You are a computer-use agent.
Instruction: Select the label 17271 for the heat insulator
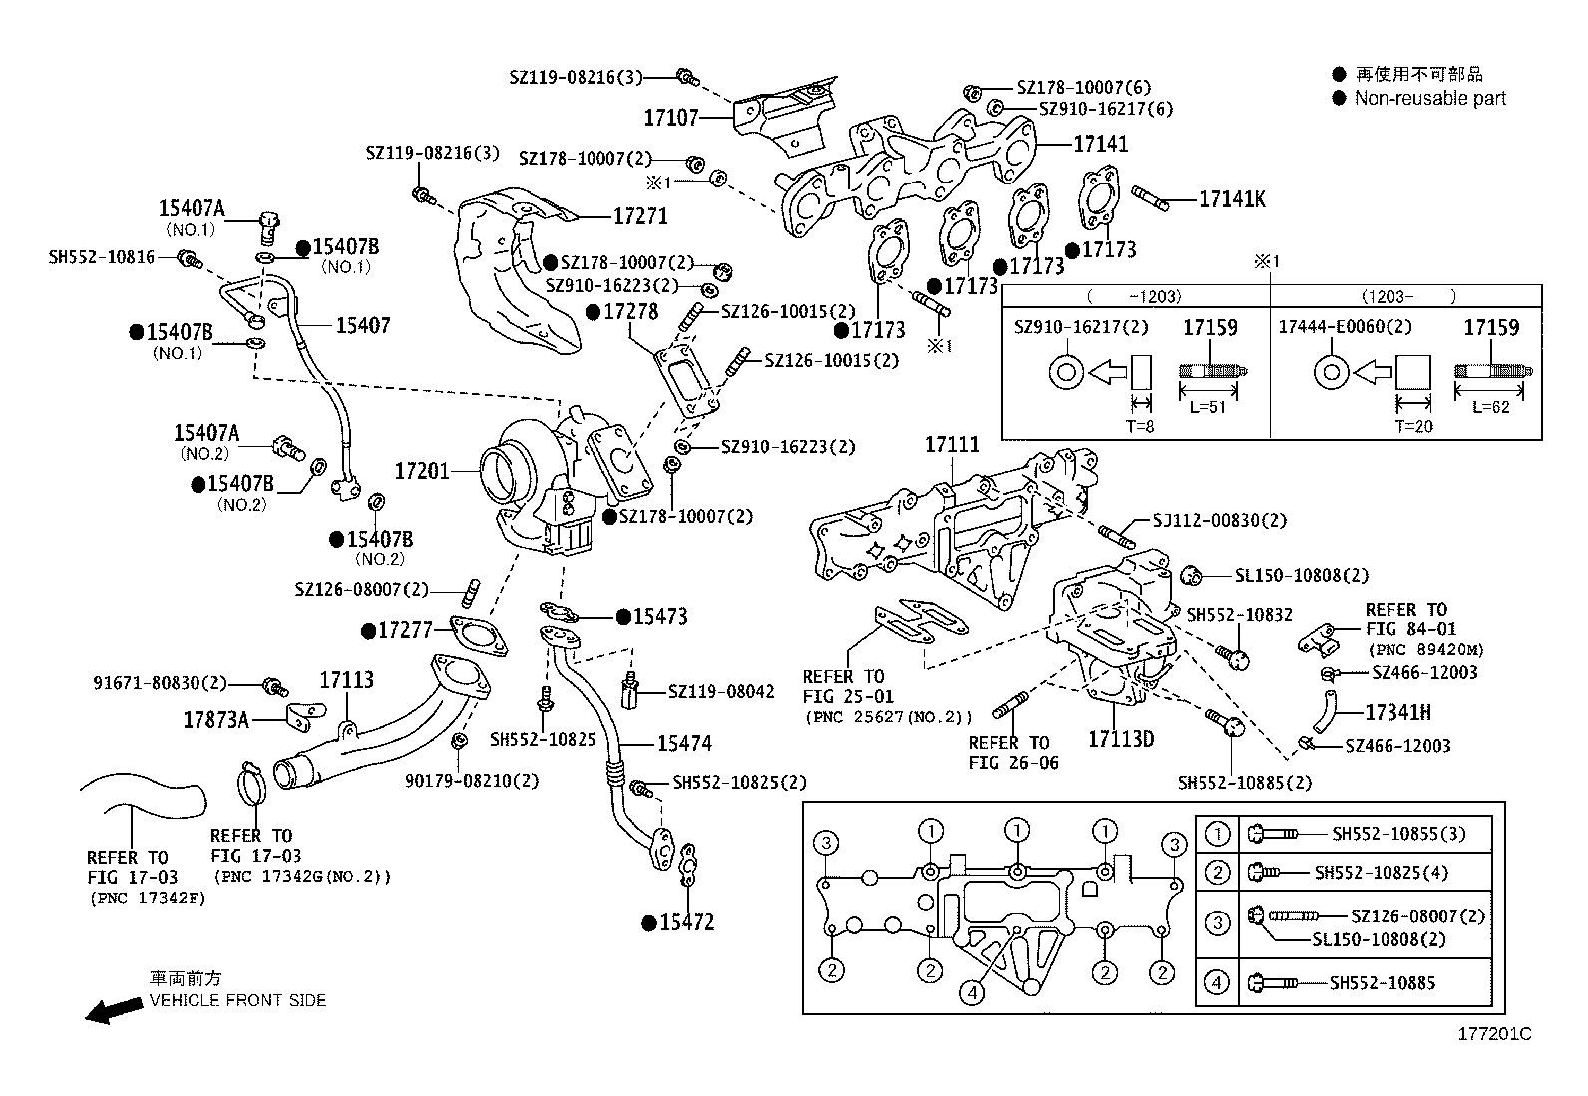(639, 216)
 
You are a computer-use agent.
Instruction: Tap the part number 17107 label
(670, 118)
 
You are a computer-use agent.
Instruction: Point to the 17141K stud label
(1231, 199)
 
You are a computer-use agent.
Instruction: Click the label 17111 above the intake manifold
(951, 445)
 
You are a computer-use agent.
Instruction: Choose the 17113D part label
(1120, 739)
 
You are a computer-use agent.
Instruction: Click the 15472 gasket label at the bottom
(686, 922)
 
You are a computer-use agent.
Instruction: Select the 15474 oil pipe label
(684, 743)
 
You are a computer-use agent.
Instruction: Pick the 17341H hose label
(1396, 712)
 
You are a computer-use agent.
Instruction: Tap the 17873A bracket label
(215, 719)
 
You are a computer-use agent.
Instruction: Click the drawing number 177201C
(1494, 1034)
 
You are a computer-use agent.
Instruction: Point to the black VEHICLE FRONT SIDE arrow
(112, 1011)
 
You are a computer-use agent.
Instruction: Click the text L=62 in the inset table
(1490, 407)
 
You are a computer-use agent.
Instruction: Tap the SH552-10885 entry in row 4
(1382, 983)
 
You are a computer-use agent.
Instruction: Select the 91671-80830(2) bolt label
(160, 683)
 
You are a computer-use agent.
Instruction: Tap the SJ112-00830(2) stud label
(1219, 520)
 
